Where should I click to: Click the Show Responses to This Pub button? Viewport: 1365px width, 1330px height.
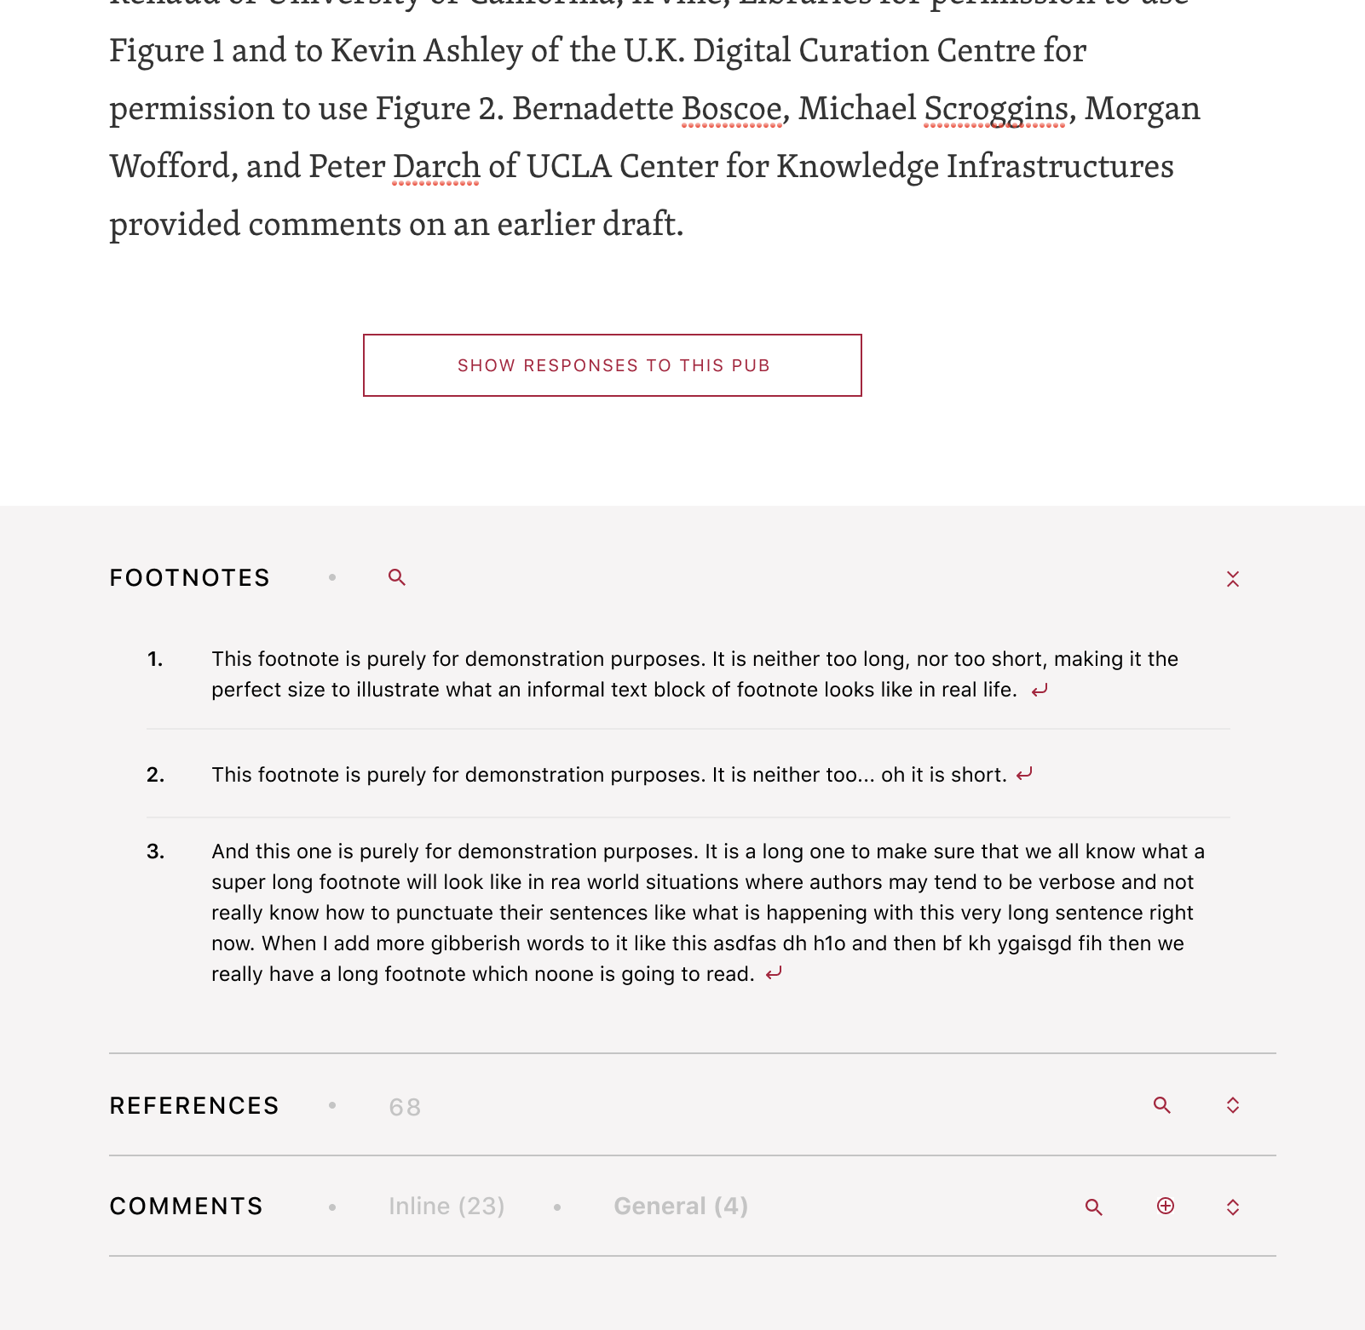tap(612, 365)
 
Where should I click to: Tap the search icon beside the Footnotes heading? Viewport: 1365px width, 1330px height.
tap(396, 577)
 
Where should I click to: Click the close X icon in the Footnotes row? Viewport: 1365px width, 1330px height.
tap(1232, 579)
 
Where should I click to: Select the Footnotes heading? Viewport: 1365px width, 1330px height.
tap(189, 578)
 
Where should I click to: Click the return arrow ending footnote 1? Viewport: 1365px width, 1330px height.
tap(1040, 691)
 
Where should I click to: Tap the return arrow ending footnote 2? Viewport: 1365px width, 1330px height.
tap(1024, 774)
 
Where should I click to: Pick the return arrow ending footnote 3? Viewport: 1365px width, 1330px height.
tap(774, 973)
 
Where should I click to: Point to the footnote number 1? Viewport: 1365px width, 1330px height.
tap(154, 659)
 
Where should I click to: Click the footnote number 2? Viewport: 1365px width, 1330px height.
tap(155, 775)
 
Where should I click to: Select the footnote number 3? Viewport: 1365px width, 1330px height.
tap(155, 851)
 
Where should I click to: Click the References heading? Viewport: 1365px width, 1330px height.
tap(194, 1106)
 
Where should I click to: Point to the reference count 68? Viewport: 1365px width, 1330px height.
tap(405, 1107)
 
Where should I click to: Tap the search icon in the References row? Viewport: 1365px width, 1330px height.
tap(1162, 1105)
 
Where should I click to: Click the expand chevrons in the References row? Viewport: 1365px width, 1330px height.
tap(1232, 1105)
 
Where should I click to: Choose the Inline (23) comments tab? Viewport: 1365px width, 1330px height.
tap(446, 1207)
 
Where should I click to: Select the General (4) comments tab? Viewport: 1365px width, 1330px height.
tap(681, 1207)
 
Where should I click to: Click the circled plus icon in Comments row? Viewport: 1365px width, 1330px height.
tap(1166, 1206)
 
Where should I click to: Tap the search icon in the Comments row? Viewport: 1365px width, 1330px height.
tap(1094, 1207)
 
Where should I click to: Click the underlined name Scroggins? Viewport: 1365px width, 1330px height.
tap(995, 109)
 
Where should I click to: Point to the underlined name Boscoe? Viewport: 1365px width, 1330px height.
tap(731, 109)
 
